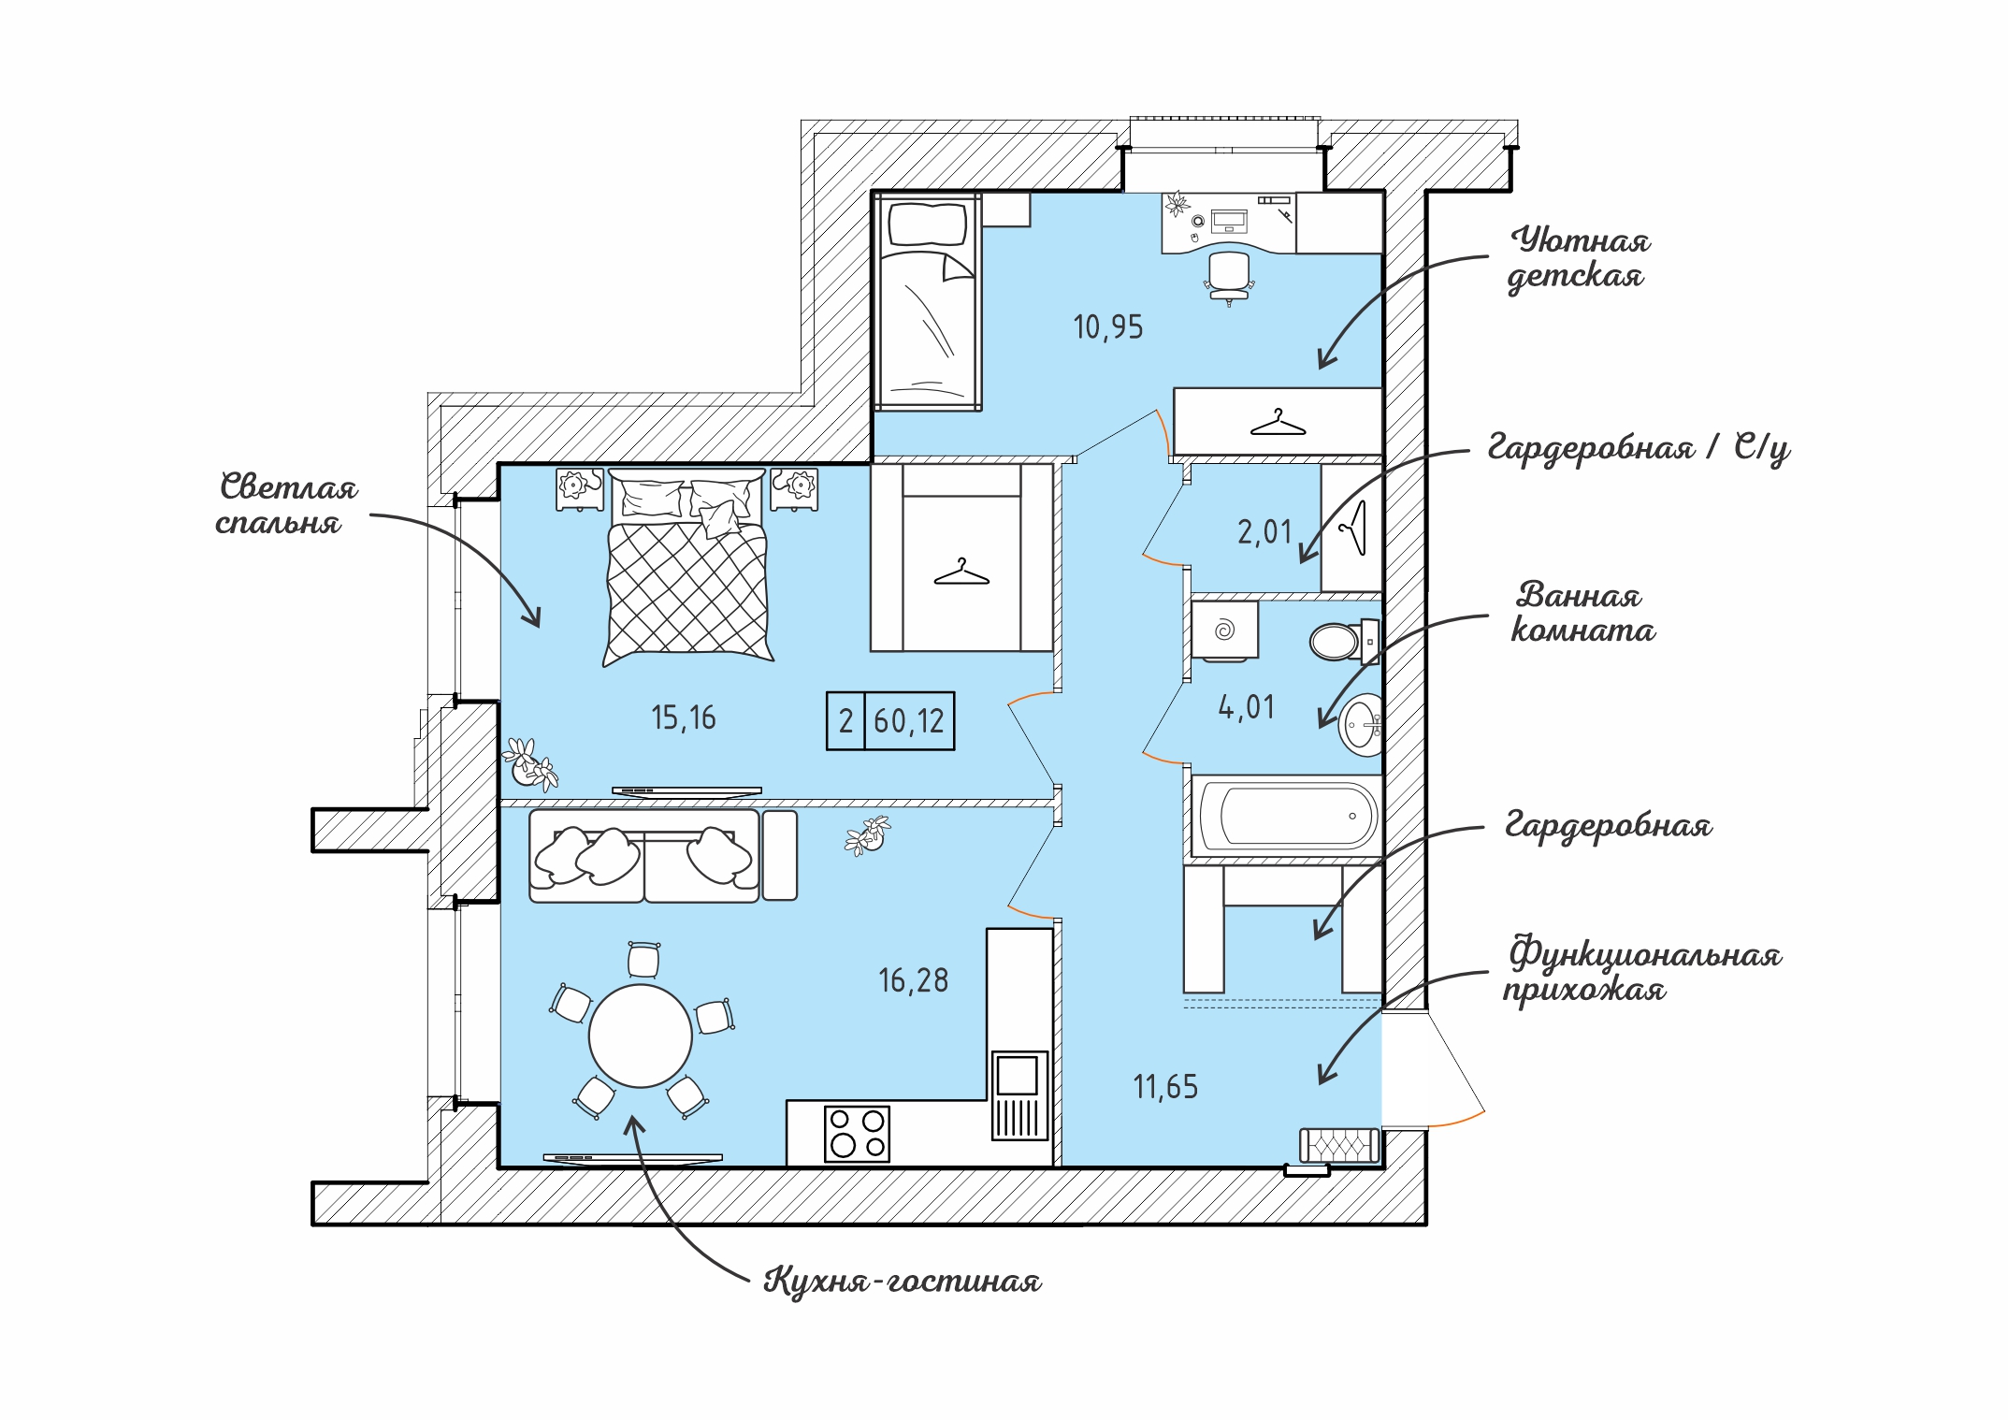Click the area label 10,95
1108,327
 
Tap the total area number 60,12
909,721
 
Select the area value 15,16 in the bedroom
684,718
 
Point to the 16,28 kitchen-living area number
913,980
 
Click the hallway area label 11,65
1165,1087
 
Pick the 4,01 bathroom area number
1246,707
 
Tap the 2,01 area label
1264,532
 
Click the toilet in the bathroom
1344,642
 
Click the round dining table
641,1036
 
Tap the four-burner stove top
857,1134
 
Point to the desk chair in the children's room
1229,277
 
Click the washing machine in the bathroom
1224,630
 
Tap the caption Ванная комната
1582,613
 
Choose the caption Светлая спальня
287,504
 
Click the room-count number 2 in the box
845,721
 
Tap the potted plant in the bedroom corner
529,764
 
